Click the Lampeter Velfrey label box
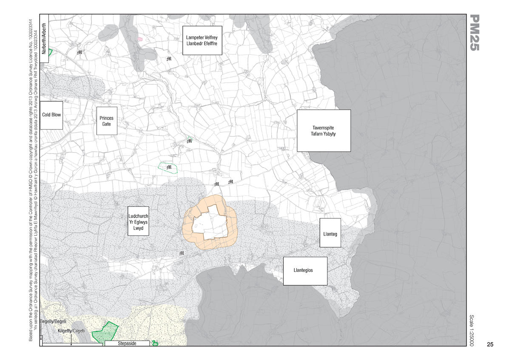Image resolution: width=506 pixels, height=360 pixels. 202,40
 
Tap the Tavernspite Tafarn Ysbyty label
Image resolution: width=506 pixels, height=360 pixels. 324,130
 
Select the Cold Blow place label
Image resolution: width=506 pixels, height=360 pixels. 51,115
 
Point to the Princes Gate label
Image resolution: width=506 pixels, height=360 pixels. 106,121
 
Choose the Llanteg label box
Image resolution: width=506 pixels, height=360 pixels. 330,233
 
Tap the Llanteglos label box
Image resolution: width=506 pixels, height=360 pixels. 303,270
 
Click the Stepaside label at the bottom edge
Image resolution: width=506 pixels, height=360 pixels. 127,343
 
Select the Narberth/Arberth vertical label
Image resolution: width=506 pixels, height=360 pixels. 44,38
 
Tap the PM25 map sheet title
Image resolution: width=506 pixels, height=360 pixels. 474,33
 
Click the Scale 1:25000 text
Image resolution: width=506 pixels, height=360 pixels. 474,331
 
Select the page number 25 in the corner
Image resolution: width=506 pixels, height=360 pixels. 490,344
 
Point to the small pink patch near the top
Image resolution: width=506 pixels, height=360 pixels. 139,38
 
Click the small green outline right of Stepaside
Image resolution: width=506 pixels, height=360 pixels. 155,343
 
